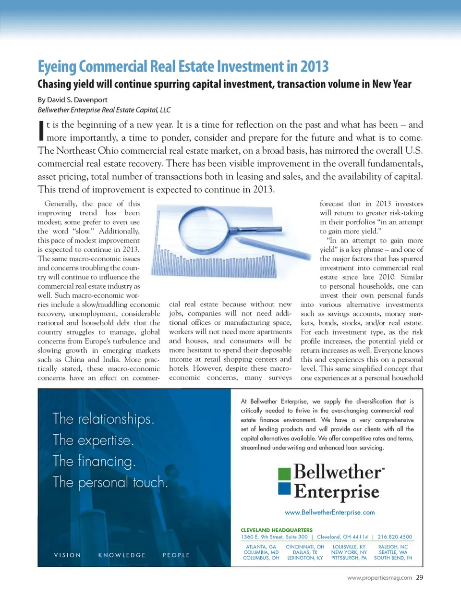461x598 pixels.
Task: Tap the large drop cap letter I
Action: [x=41, y=131]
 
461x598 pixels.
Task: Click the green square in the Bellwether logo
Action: [x=285, y=474]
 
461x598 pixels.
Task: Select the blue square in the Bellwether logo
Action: [x=285, y=488]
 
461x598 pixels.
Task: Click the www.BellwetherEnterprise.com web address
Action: [x=329, y=513]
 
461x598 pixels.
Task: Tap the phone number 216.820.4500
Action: [x=395, y=537]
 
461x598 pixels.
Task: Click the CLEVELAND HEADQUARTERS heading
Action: [x=277, y=530]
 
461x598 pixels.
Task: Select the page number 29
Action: [x=420, y=578]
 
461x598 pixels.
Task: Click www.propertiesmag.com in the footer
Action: [x=379, y=578]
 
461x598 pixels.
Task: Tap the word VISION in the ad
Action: [x=68, y=555]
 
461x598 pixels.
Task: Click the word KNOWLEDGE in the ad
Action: [x=122, y=555]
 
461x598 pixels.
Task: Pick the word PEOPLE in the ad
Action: [x=176, y=555]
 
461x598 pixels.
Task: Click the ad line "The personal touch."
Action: [x=110, y=482]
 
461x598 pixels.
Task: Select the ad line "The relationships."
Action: [x=104, y=419]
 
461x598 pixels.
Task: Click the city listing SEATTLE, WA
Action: [x=393, y=552]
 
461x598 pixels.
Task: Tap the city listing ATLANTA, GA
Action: [x=261, y=547]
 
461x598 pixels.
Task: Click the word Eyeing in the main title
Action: [x=57, y=66]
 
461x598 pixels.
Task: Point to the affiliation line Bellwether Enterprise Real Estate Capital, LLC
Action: [x=104, y=110]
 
